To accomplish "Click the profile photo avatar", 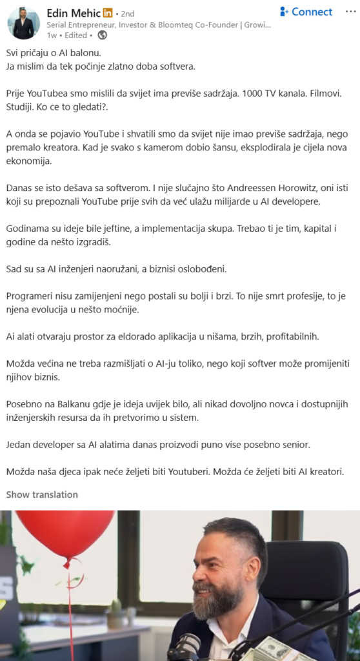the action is (23, 23).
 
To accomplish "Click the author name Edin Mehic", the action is (74, 12).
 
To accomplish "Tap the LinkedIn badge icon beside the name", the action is (108, 13).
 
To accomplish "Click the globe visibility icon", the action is (102, 36).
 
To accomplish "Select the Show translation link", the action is (42, 494).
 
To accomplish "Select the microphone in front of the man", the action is (187, 646).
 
